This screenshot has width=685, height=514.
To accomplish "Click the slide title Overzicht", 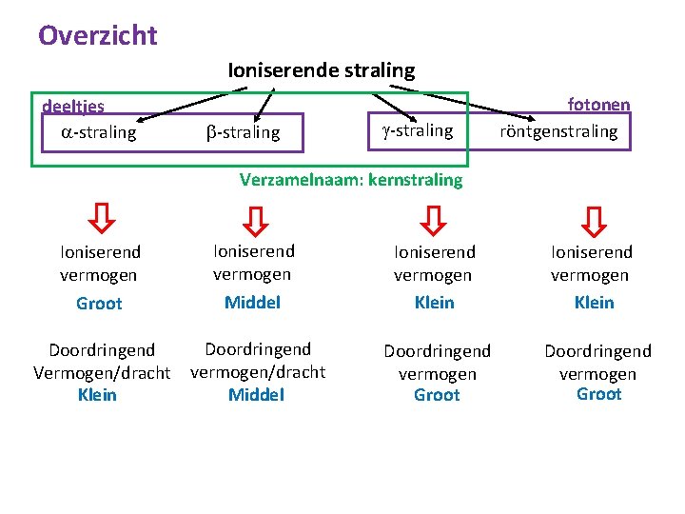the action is click(x=98, y=36).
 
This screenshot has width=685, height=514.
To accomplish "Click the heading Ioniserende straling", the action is click(x=322, y=70).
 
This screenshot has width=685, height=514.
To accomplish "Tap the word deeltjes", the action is click(x=73, y=106).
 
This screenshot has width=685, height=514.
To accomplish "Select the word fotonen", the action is click(x=598, y=105).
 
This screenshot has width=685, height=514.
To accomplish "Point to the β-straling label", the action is click(x=244, y=133).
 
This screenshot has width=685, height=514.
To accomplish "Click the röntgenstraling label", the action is click(x=559, y=131).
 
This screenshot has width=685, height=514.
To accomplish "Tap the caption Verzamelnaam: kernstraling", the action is click(x=351, y=179).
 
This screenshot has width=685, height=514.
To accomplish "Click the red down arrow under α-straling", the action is click(x=100, y=220).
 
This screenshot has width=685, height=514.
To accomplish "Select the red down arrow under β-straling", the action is click(x=254, y=220).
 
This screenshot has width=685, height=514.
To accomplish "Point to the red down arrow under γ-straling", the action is click(x=434, y=220).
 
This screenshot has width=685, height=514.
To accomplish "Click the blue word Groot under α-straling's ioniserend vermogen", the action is click(x=100, y=304).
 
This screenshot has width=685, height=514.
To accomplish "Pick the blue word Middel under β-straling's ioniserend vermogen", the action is click(x=253, y=303).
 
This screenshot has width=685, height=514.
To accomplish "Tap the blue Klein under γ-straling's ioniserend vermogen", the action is click(x=435, y=303).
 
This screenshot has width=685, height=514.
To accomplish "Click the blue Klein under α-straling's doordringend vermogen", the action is click(x=97, y=394).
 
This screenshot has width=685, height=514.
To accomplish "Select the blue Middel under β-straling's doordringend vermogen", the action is click(x=257, y=394).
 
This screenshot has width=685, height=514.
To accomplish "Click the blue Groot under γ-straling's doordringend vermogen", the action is click(x=437, y=395).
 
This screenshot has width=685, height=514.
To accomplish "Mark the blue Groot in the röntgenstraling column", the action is click(x=598, y=394).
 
